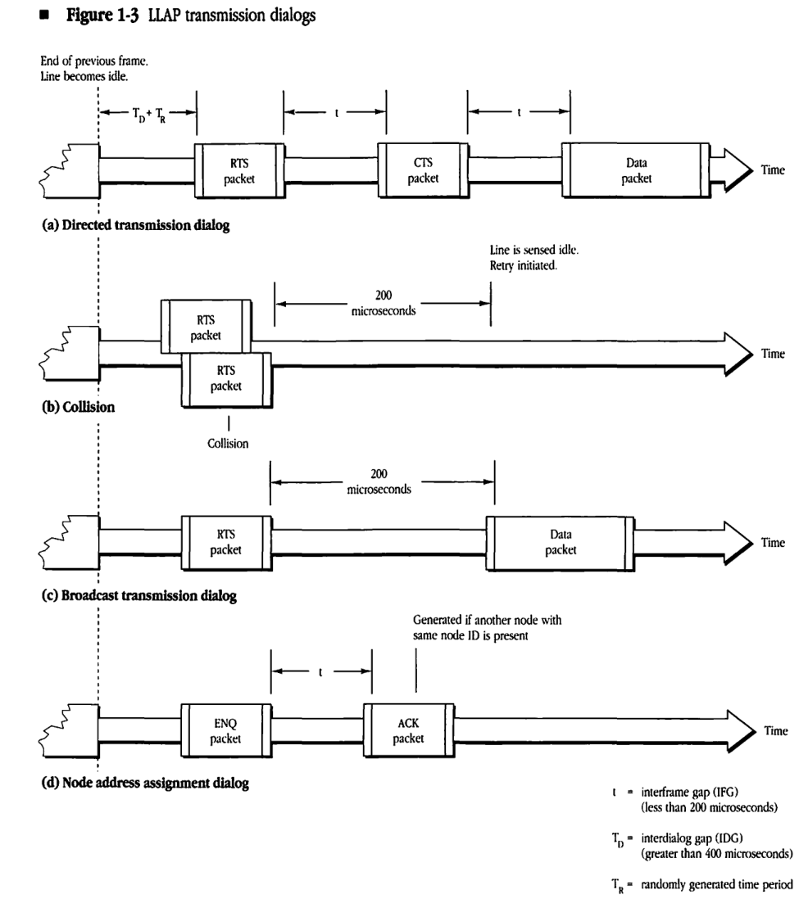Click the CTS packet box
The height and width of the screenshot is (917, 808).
[424, 171]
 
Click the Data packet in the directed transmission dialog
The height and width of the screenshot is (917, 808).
[636, 171]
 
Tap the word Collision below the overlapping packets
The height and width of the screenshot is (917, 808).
[229, 443]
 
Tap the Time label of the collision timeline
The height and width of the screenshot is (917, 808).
[774, 355]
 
